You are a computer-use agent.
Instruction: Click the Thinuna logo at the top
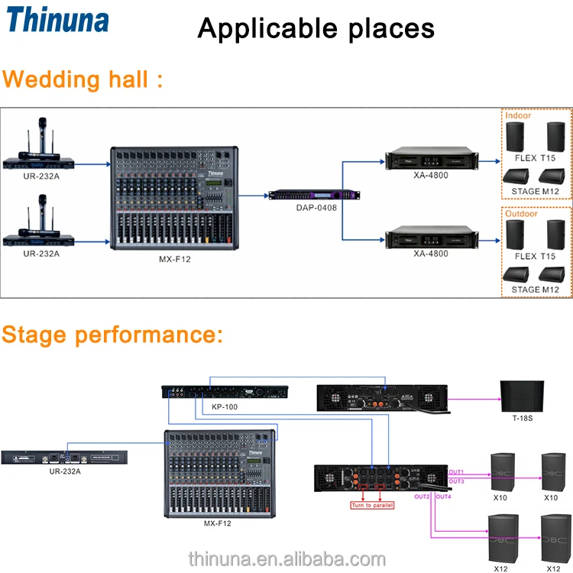coord(58,21)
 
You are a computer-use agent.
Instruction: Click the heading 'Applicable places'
coord(316,28)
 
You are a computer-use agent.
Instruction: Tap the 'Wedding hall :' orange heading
coord(83,79)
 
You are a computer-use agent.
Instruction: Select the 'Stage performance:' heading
coord(112,334)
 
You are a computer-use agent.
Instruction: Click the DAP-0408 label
coord(316,207)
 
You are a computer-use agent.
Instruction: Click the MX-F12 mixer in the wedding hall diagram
coord(173,199)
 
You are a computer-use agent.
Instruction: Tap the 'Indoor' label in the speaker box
coord(518,115)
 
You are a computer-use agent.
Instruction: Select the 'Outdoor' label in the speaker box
coord(522,213)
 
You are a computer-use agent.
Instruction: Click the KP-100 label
coord(225,406)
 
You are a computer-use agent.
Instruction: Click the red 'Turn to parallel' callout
coord(372,506)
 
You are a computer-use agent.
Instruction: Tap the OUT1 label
coord(457,471)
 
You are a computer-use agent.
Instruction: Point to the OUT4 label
coord(444,497)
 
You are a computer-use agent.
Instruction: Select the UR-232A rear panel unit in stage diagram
coord(64,458)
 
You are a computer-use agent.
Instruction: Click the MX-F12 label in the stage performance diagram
coord(217,523)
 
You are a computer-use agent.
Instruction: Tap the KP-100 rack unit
coord(225,392)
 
